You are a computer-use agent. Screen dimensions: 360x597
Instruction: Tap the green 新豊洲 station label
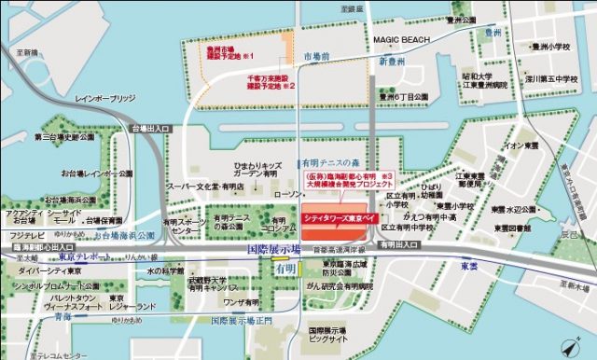[396, 61]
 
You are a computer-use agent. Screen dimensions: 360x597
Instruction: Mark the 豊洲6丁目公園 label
[403, 96]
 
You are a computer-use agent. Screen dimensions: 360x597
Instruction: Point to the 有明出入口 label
[401, 244]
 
